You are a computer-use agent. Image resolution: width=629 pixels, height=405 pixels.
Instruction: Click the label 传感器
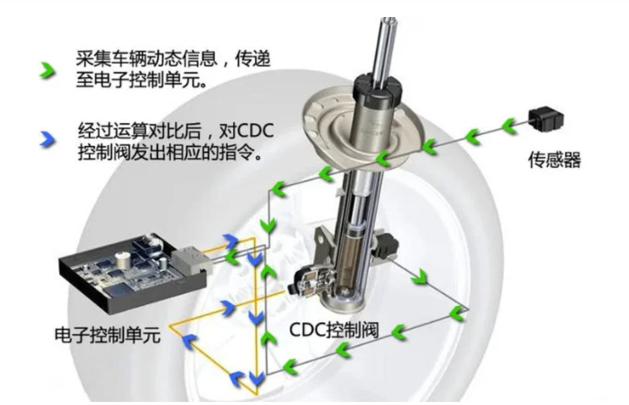(555, 160)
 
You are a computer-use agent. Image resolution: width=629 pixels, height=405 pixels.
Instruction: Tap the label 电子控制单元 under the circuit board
(107, 335)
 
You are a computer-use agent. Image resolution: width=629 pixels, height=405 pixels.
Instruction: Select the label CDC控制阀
(334, 330)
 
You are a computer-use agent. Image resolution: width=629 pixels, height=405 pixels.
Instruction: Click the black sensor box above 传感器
(546, 118)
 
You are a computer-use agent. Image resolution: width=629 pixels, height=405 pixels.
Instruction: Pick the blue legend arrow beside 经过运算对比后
(48, 139)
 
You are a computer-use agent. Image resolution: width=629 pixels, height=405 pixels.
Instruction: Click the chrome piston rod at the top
(385, 48)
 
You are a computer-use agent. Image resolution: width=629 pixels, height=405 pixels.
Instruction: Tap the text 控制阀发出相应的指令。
(171, 152)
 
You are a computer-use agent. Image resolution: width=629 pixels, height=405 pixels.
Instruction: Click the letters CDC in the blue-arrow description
(255, 131)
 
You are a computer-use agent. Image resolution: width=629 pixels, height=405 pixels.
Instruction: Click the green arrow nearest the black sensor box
(510, 125)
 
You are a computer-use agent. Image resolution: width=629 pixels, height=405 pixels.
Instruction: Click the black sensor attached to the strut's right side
(385, 245)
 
